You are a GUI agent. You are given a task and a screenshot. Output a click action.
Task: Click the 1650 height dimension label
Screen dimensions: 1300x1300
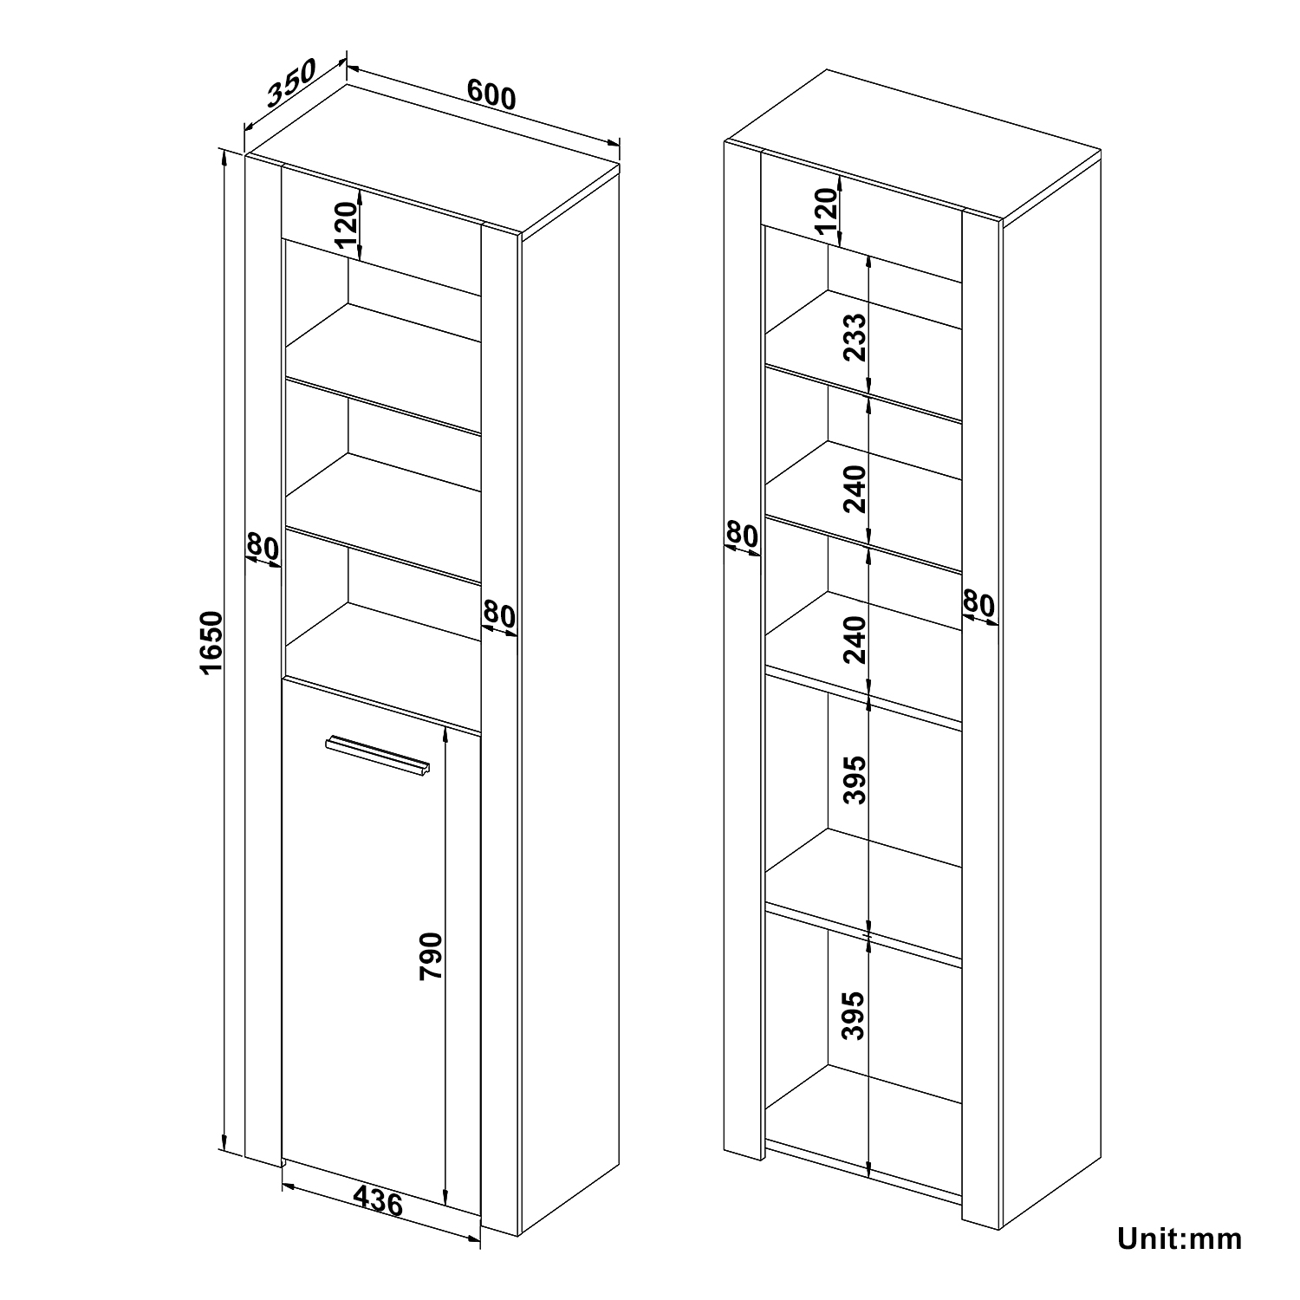coord(211,643)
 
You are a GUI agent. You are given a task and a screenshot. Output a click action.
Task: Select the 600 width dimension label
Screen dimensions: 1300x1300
coord(491,94)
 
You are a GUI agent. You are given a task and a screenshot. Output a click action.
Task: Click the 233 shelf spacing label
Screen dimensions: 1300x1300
coord(855,337)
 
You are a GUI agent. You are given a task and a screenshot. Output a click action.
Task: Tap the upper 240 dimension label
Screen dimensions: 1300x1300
coord(855,488)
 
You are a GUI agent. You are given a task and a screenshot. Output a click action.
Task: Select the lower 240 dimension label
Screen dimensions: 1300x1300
coord(855,639)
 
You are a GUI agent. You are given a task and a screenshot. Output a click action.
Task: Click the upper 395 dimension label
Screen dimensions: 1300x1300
coord(855,779)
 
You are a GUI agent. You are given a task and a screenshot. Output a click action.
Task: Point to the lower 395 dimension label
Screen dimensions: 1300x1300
coord(855,1015)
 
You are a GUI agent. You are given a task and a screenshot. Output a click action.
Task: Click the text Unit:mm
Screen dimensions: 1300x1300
coord(1180,1238)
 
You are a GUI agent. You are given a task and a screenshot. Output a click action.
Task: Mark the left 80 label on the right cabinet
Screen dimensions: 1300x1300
coord(742,535)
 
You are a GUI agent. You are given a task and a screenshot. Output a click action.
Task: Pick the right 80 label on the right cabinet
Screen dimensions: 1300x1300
coord(979,602)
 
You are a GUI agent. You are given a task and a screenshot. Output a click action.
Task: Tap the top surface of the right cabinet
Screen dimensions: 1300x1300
coord(913,144)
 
